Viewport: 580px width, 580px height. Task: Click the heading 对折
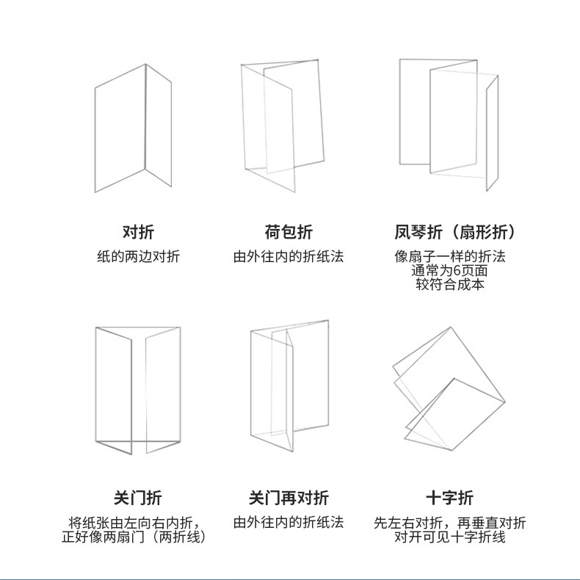tap(138, 232)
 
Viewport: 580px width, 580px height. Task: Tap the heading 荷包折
tap(289, 232)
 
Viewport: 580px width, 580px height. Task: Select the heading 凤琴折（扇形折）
tap(454, 232)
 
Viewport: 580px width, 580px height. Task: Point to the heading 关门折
tap(138, 498)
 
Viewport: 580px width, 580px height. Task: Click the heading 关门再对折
tap(289, 498)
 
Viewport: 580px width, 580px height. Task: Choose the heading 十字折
tap(450, 498)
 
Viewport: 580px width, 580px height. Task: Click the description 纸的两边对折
tap(138, 256)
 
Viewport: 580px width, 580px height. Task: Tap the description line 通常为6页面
tap(449, 270)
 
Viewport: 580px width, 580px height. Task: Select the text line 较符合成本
tap(450, 284)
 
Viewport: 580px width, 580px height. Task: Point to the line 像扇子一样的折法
tap(450, 256)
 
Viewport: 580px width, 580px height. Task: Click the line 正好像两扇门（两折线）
tap(134, 537)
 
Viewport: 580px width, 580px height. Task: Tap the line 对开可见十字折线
tap(450, 537)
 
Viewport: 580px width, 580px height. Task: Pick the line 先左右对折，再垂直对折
tap(450, 523)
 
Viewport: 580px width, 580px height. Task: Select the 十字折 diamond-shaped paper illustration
tap(449, 388)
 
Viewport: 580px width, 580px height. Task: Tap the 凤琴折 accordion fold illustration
tap(449, 125)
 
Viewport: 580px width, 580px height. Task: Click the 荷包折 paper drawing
tap(283, 126)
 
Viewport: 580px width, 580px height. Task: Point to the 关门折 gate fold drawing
tap(138, 391)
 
